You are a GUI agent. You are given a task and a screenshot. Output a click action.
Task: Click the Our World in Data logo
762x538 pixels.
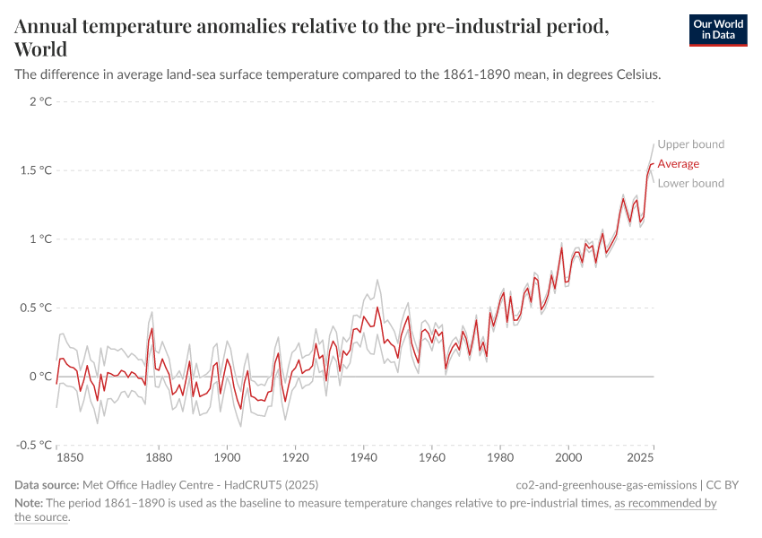coord(717,30)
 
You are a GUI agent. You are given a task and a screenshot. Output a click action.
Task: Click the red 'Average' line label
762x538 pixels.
coord(678,164)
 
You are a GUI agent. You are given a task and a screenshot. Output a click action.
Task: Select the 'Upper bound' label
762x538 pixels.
coord(690,144)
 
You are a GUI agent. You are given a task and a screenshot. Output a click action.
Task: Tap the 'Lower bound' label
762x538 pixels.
coord(690,184)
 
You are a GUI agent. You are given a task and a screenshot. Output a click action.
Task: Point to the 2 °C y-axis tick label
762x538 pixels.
coord(40,101)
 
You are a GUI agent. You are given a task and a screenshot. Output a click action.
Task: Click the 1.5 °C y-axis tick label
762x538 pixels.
coord(36,170)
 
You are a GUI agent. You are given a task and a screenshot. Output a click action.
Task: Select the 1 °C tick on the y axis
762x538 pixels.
coord(40,239)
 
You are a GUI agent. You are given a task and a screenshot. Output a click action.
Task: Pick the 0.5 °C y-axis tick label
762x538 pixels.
coord(36,308)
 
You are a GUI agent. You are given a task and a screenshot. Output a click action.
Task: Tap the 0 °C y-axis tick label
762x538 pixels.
coord(40,377)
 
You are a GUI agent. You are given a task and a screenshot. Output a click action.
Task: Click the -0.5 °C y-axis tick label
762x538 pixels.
coord(34,445)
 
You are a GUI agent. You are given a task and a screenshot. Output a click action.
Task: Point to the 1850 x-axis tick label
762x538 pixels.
coord(70,458)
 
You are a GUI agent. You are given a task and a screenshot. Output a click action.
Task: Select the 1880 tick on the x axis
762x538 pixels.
coord(160,458)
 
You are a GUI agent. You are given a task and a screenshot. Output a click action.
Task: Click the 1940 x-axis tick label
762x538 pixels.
coord(364,458)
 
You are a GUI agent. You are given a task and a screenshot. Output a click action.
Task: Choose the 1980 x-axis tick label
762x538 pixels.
coord(500,458)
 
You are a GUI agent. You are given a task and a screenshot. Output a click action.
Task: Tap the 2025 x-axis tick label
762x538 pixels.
coord(640,458)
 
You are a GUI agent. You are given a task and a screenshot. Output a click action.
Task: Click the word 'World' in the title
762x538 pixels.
coord(40,48)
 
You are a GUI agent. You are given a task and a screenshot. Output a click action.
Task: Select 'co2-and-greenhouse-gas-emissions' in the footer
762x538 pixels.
coord(607,485)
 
